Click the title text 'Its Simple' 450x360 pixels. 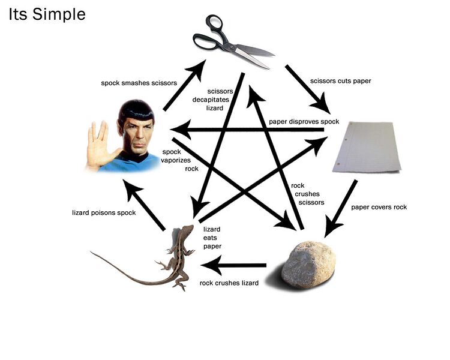(47, 14)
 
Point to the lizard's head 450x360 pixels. (187, 231)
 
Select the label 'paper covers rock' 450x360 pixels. (379, 207)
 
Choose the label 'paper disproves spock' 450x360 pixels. (304, 122)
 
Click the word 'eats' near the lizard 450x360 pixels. (210, 238)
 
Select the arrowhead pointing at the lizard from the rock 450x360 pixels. (211, 265)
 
